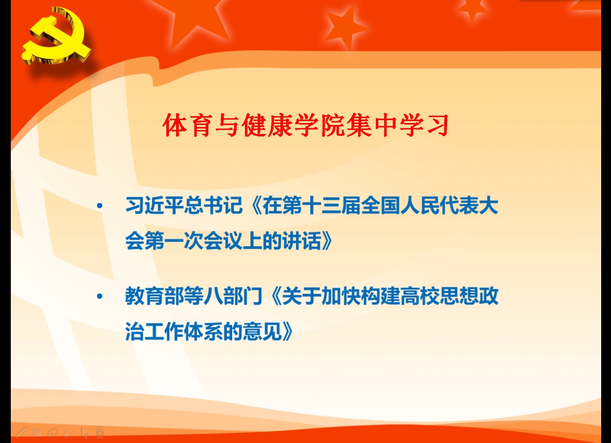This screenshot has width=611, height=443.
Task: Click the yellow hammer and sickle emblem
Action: [x=56, y=37]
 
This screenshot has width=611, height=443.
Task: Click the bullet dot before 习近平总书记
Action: [x=100, y=206]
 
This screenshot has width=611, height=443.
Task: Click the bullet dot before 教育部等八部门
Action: [x=100, y=296]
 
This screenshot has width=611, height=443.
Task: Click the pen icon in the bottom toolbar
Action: [x=21, y=433]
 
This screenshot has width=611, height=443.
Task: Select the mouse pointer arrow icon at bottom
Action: [x=85, y=433]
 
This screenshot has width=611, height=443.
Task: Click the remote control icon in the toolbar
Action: [x=100, y=432]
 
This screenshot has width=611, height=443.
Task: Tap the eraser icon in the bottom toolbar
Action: [x=68, y=433]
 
